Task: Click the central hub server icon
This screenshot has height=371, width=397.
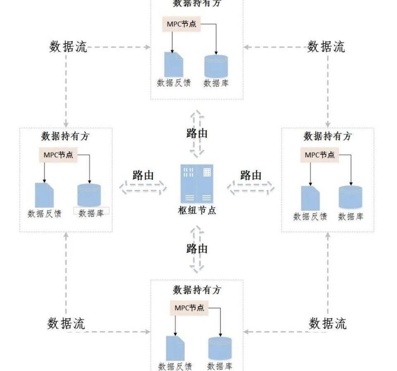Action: [x=196, y=183]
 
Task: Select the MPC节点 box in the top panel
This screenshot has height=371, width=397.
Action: [x=182, y=24]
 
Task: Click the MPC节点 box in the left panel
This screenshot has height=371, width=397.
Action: [x=58, y=155]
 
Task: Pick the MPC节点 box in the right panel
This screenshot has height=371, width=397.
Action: [x=320, y=155]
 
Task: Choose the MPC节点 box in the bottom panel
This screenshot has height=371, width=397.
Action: [x=189, y=308]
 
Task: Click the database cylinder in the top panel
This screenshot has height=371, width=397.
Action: [x=216, y=65]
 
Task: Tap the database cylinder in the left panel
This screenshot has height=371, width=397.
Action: [x=89, y=195]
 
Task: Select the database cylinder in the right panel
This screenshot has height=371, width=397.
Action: [x=350, y=197]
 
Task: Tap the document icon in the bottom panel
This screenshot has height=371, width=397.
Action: [x=175, y=348]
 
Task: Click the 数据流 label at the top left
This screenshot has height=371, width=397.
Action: [x=68, y=47]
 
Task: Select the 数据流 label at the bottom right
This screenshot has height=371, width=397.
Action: [x=328, y=323]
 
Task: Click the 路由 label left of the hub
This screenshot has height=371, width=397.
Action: [x=143, y=175]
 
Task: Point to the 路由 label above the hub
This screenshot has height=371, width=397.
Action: [x=197, y=133]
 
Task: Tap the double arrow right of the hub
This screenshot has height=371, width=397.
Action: [x=250, y=188]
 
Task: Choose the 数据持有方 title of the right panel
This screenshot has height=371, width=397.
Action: [x=327, y=136]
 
